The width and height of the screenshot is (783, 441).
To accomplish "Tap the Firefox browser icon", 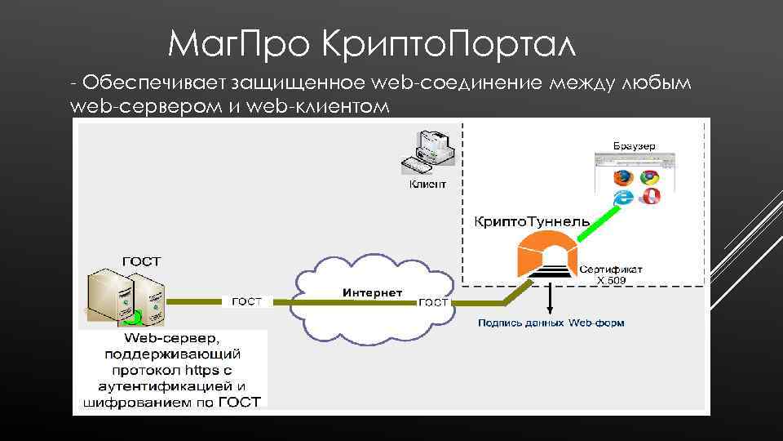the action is [x=624, y=177].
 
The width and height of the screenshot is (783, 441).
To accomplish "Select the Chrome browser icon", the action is [x=649, y=177].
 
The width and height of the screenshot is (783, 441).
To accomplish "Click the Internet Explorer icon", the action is [x=624, y=197].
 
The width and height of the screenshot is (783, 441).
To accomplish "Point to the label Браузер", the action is [x=634, y=145].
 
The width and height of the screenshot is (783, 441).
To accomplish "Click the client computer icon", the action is [x=427, y=152].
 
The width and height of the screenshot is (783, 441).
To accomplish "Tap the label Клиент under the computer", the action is [x=427, y=185].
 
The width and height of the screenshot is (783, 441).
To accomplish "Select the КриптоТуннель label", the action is [x=531, y=221].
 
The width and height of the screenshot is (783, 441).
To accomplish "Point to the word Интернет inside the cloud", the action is [x=372, y=292].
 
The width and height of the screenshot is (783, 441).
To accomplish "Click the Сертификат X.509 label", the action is [x=611, y=274].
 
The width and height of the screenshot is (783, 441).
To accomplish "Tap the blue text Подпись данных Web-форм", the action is [x=551, y=323].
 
